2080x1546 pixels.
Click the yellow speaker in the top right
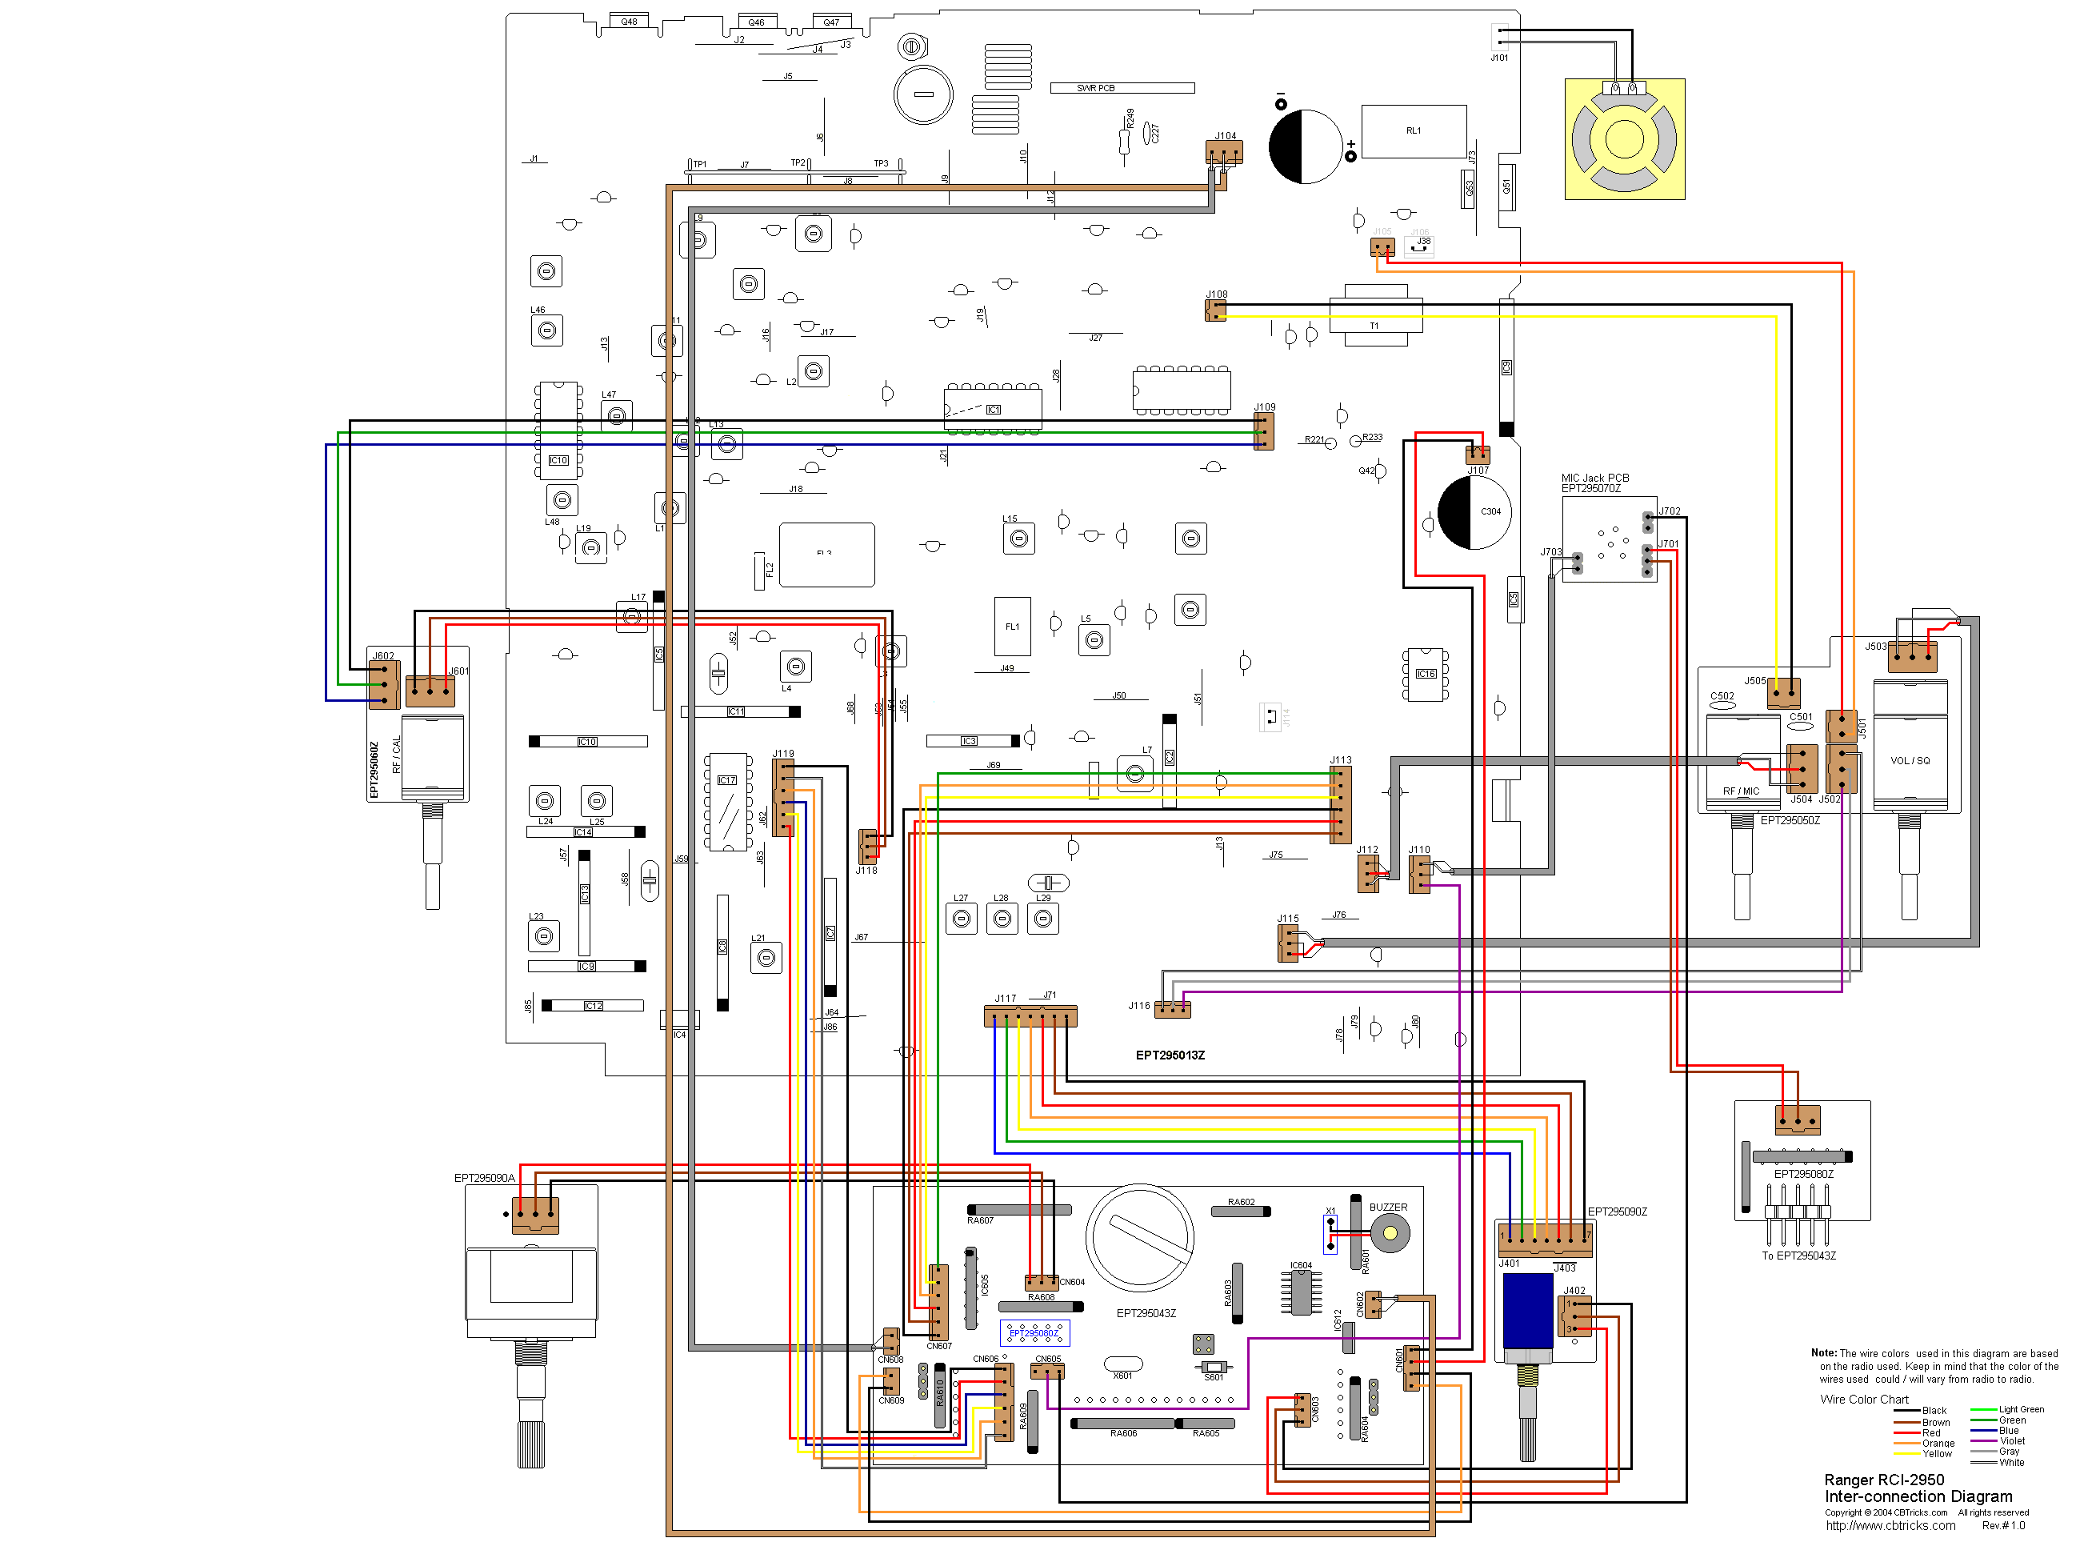tap(1624, 139)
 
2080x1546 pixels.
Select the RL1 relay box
tap(1413, 131)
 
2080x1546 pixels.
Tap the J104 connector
tap(1224, 154)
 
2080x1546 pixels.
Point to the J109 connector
tap(1263, 431)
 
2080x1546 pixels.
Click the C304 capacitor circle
tap(1474, 513)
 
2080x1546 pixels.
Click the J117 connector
tap(1030, 1016)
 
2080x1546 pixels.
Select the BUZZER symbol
tap(1390, 1233)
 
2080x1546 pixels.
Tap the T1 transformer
tap(1374, 315)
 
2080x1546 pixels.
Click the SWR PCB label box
tap(1122, 88)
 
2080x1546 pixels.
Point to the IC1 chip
tap(993, 410)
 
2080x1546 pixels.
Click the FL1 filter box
tap(1011, 626)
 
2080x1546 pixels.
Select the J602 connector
tap(384, 684)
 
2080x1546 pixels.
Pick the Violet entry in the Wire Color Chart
tap(2013, 1441)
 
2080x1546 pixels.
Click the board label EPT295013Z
tap(1170, 1055)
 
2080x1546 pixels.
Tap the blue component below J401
tap(1527, 1310)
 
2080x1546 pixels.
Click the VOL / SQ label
tap(1910, 761)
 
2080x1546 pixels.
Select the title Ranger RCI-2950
tap(1883, 1480)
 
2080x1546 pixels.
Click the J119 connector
tap(784, 797)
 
